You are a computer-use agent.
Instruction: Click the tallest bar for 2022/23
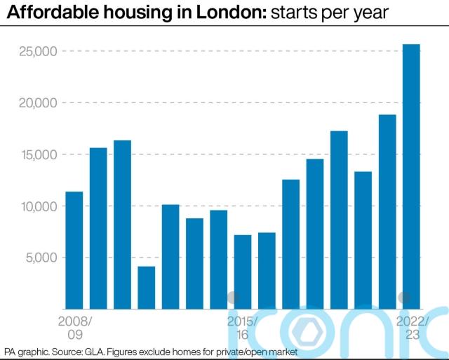411,175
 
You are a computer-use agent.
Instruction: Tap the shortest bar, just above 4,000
147,287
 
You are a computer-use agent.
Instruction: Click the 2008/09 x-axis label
74,328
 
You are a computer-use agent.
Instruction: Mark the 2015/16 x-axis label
243,328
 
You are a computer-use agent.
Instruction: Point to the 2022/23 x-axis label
411,328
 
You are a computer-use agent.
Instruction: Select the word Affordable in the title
48,13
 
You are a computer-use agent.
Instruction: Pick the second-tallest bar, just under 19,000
387,211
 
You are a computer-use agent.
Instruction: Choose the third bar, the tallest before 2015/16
123,225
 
